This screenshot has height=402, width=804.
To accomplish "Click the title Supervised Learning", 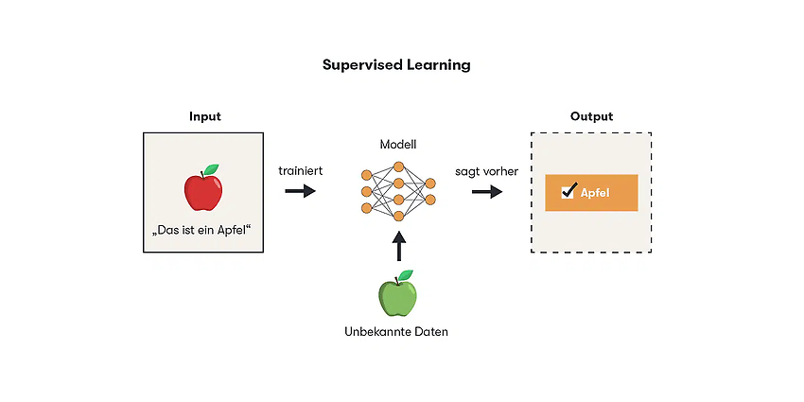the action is pyautogui.click(x=396, y=65).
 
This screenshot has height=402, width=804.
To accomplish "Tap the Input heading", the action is pyautogui.click(x=205, y=116).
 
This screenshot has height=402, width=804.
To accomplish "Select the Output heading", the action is pyautogui.click(x=591, y=116).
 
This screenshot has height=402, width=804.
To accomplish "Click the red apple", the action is pyautogui.click(x=203, y=192).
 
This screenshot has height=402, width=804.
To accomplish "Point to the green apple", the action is pyautogui.click(x=398, y=296).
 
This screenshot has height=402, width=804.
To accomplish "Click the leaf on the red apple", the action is pyautogui.click(x=211, y=169).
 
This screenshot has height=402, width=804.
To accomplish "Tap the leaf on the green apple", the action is pyautogui.click(x=405, y=275).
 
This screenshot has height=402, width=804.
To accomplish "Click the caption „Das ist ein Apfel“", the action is pyautogui.click(x=203, y=230).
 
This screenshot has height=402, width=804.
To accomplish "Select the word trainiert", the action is pyautogui.click(x=301, y=171).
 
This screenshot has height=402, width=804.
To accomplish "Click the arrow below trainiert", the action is pyautogui.click(x=301, y=191).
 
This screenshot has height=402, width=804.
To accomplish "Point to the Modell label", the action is pyautogui.click(x=398, y=145).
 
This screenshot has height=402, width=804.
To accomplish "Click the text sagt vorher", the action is pyautogui.click(x=486, y=171).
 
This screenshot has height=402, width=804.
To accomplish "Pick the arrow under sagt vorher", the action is pyautogui.click(x=487, y=192).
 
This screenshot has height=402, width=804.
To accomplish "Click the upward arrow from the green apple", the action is pyautogui.click(x=398, y=247).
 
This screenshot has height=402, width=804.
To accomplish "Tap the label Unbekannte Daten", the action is pyautogui.click(x=396, y=332).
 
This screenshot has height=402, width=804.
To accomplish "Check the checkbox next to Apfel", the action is pyautogui.click(x=568, y=192).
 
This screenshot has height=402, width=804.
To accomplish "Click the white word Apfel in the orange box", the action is pyautogui.click(x=595, y=193).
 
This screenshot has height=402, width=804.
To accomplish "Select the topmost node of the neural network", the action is pyautogui.click(x=398, y=166).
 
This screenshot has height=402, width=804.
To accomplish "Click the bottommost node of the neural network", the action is pyautogui.click(x=398, y=216).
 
